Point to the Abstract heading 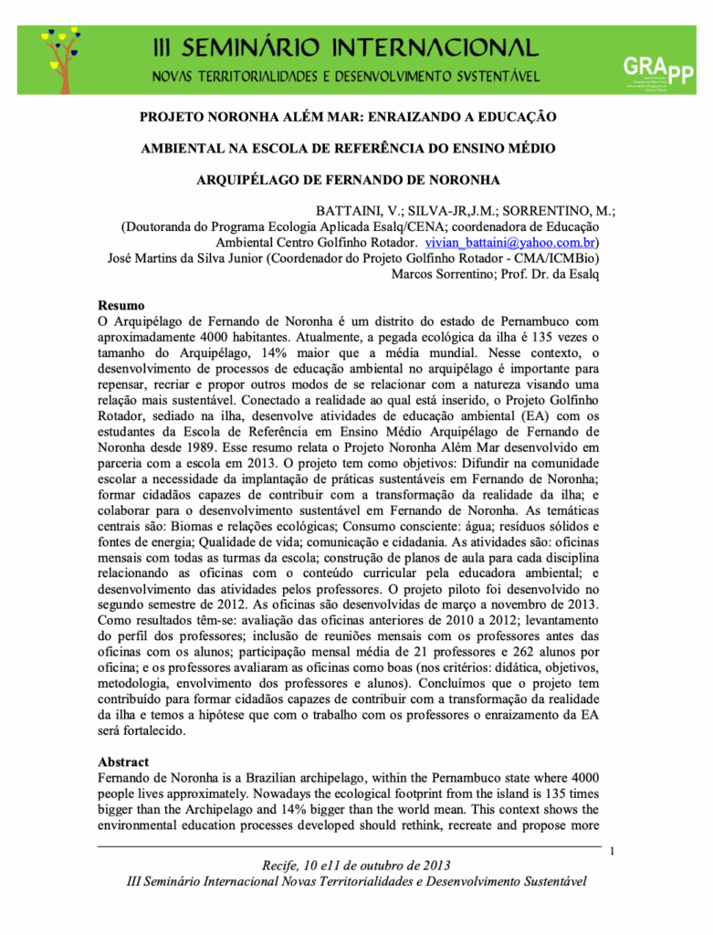tap(123, 762)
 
